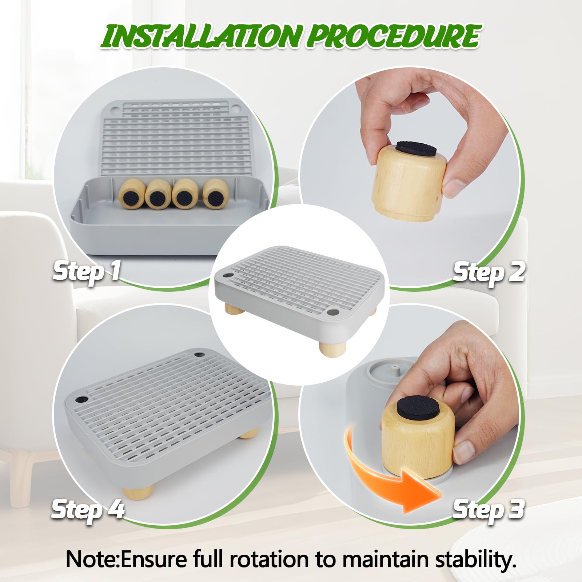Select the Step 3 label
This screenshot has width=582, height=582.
click(x=489, y=509)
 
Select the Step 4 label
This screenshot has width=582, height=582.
click(x=88, y=509)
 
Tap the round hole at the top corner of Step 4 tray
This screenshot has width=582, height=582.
click(x=199, y=354)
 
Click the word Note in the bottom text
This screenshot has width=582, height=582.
click(x=91, y=559)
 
